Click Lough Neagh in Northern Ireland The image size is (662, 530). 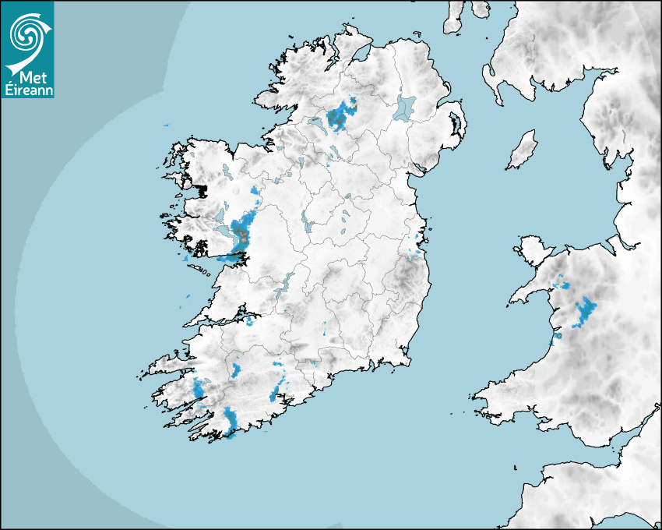pyautogui.click(x=406, y=107)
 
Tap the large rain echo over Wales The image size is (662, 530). pyautogui.click(x=585, y=311)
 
